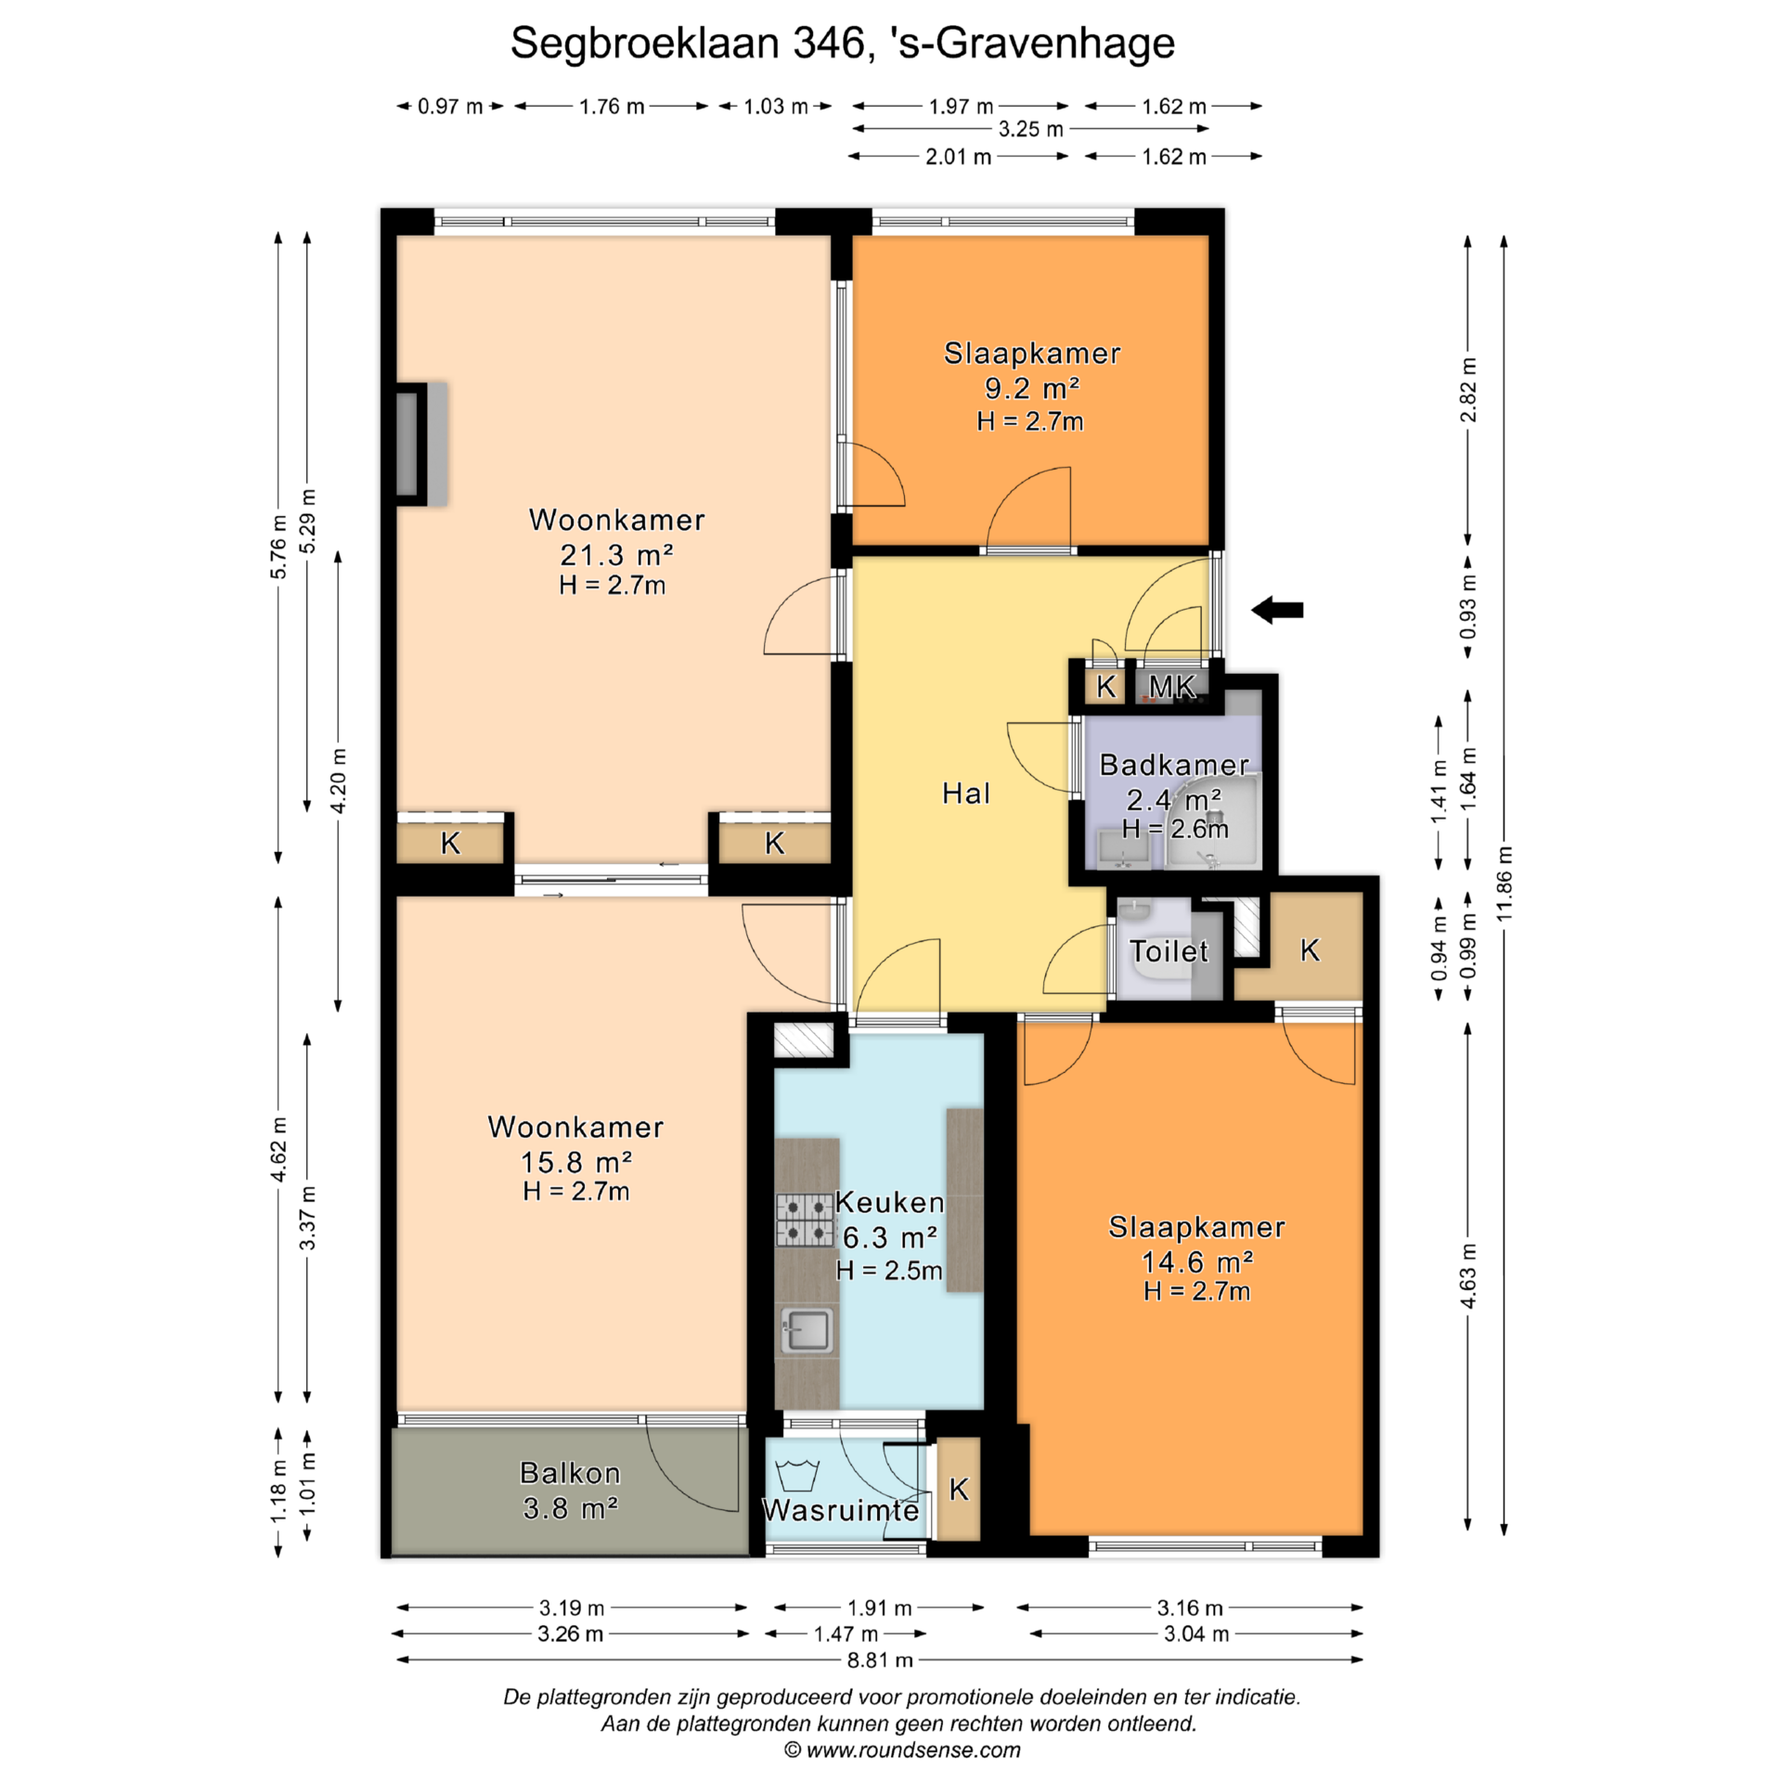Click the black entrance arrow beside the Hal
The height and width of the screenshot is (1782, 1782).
[1277, 610]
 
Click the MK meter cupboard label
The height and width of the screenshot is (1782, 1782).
[1171, 687]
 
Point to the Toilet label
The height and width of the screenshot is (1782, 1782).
[1169, 951]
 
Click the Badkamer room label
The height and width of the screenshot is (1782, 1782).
[1174, 765]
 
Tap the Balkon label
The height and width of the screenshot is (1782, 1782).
[570, 1473]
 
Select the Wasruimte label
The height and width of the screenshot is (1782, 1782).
[841, 1510]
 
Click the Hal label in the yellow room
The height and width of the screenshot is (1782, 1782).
[966, 793]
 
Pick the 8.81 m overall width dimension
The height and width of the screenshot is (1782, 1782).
[880, 1659]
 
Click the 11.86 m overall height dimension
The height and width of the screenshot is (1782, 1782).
[1504, 885]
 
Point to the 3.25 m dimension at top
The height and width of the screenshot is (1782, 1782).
[1031, 129]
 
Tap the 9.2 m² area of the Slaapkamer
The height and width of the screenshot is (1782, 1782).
[1032, 388]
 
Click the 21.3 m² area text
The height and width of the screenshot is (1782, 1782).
[616, 555]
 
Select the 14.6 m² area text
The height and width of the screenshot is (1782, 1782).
[1197, 1262]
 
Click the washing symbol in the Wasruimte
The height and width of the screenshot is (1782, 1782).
[796, 1475]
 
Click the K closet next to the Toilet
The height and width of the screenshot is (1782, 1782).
[1310, 949]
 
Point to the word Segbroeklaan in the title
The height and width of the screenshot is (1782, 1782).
[644, 44]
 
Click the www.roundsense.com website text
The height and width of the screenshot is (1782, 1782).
[913, 1750]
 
